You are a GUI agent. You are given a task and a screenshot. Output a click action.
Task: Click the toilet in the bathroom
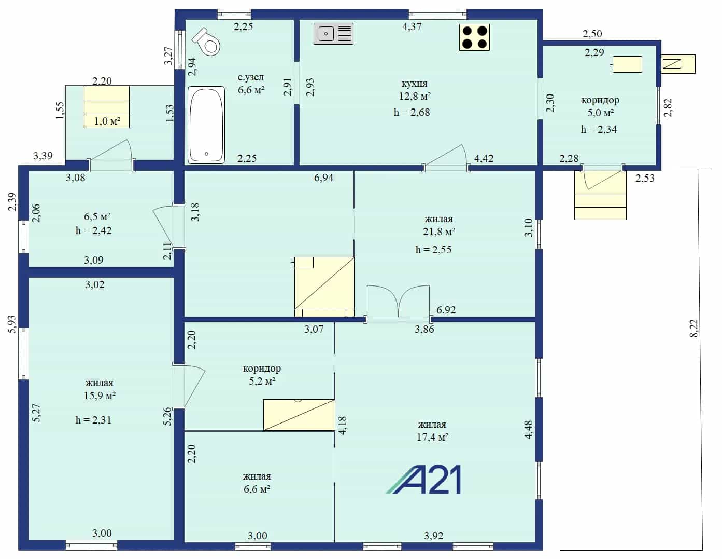coord(207,42)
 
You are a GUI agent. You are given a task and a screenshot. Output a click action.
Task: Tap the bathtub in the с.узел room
coord(206,125)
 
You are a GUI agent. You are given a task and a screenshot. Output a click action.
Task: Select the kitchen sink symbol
coord(333,34)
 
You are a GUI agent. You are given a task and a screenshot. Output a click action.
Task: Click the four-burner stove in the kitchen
coord(474,37)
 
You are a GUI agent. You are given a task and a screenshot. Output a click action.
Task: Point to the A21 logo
coord(423,480)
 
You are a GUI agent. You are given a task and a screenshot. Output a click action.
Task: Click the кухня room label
coord(414,83)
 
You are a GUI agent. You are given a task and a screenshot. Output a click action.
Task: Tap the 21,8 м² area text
coord(439,231)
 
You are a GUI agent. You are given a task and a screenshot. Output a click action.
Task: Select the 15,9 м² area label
coord(100,396)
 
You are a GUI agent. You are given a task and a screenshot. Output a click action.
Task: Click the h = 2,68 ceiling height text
coord(412,112)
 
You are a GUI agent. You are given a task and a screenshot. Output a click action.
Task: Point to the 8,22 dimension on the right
coord(694,329)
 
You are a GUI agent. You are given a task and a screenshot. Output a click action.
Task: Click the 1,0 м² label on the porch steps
coord(107,121)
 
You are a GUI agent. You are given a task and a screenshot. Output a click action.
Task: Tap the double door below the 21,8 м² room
coord(398,303)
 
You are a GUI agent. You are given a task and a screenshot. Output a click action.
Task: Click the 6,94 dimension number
coord(323,178)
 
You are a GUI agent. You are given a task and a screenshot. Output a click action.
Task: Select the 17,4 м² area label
coord(433,437)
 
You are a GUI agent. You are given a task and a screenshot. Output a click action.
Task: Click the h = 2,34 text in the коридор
coord(599,129)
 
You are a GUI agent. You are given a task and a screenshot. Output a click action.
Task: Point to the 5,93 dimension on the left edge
coord(12,324)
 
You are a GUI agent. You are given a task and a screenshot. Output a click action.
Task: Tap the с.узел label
coord(251,77)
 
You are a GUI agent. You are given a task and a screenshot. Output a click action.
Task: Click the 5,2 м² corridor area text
coord(262,381)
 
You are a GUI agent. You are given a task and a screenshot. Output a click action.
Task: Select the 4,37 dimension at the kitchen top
coord(412,26)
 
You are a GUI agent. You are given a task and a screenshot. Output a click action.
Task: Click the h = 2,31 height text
coord(93,420)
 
